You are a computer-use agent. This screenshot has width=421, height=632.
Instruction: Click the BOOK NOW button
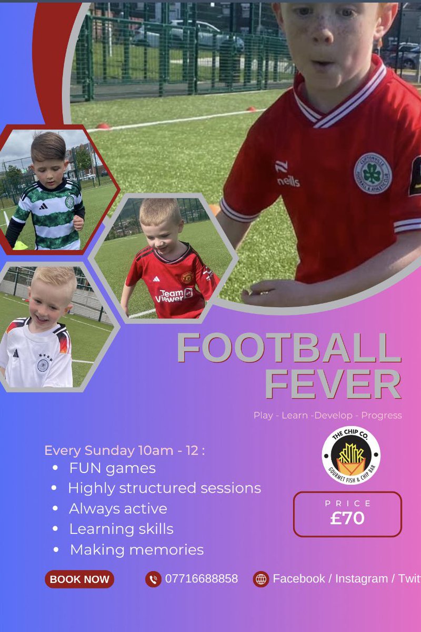(x=79, y=579)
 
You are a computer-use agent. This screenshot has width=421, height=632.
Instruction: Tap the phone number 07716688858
(x=202, y=579)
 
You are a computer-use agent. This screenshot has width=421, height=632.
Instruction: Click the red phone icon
(x=153, y=579)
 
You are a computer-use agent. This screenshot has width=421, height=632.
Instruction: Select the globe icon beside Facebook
(x=260, y=579)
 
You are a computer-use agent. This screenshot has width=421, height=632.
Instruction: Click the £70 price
(x=347, y=518)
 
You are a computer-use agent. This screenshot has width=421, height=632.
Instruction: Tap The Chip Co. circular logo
(x=351, y=455)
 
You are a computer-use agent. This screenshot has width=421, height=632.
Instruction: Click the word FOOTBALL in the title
(x=288, y=348)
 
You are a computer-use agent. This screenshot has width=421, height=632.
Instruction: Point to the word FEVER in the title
(x=333, y=385)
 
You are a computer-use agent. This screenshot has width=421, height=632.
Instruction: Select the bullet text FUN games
(x=112, y=468)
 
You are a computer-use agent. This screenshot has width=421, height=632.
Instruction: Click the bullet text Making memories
(x=137, y=550)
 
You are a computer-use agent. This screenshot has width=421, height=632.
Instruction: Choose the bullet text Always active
(x=118, y=509)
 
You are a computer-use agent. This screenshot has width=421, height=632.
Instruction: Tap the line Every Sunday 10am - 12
(x=124, y=451)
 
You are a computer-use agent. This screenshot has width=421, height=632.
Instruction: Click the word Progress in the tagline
(x=382, y=416)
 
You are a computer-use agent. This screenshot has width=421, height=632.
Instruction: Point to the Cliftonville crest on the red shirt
(x=372, y=172)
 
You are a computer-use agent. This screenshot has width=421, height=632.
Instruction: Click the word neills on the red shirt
(x=288, y=182)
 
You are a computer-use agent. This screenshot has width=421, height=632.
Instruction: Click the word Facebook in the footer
(x=299, y=579)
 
